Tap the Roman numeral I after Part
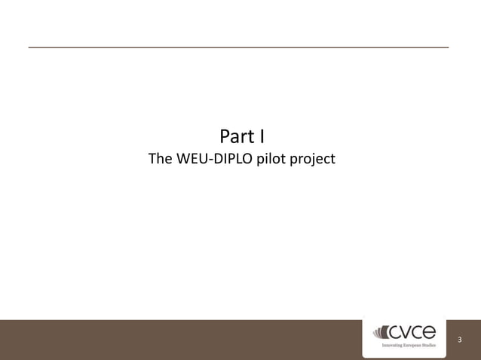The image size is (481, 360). point(261,138)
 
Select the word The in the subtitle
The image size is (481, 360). point(161,160)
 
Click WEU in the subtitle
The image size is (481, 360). point(192,160)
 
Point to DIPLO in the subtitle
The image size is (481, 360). point(233,160)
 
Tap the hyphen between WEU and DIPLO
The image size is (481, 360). point(212,160)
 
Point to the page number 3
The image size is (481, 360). point(459,339)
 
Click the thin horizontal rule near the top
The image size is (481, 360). point(238,47)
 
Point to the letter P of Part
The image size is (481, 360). point(225,138)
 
